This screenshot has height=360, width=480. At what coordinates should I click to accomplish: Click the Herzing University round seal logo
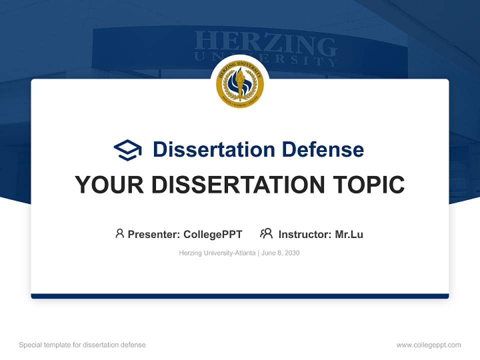239,84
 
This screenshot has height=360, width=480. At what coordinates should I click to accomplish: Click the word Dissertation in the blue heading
214,149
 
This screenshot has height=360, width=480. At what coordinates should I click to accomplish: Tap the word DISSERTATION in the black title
238,185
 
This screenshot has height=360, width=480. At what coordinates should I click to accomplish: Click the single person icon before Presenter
119,233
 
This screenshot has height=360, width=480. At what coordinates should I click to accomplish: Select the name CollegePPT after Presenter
212,234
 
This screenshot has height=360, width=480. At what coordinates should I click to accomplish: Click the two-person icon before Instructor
266,233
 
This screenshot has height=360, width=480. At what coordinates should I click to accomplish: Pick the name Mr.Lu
349,234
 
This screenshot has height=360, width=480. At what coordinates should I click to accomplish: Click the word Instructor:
305,234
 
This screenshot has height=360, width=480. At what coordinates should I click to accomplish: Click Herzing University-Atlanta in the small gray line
217,253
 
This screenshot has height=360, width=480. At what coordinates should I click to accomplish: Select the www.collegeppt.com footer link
428,345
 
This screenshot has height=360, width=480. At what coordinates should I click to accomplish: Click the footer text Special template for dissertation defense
82,345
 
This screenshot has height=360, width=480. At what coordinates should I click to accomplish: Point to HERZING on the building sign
265,44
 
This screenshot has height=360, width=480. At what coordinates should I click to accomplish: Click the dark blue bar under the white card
239,296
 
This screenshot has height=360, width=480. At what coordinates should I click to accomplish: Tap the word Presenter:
154,234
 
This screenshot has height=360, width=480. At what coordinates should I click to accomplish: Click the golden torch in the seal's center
239,83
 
